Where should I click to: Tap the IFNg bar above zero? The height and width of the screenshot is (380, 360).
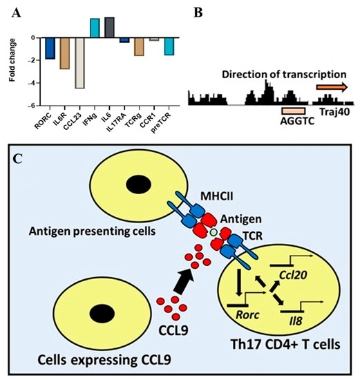coord(95,28)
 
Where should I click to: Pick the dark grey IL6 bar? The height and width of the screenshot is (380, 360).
coord(110,27)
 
